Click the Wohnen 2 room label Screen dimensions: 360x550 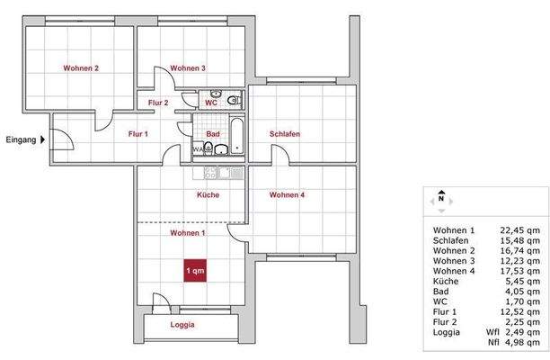(81, 67)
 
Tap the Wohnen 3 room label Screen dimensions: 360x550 (188, 67)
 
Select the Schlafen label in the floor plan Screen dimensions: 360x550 (284, 134)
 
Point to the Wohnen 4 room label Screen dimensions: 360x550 (288, 195)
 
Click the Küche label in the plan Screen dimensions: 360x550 (208, 195)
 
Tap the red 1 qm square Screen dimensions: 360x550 (195, 270)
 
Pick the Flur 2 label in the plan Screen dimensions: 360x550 (159, 103)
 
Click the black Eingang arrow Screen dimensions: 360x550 (42, 139)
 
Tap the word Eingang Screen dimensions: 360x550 (21, 139)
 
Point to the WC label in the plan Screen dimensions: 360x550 (211, 103)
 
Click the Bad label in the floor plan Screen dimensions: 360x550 (213, 134)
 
